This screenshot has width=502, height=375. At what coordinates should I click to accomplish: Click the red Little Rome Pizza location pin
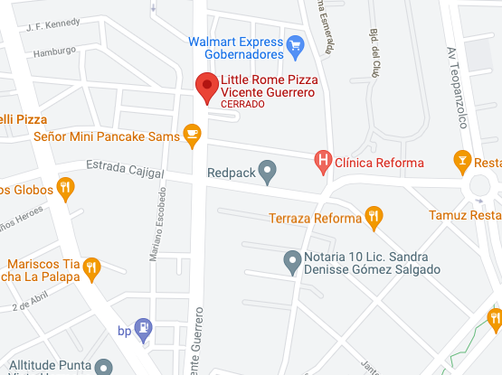coord(207,89)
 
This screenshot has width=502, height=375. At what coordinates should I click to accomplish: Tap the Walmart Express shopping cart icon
coord(294,43)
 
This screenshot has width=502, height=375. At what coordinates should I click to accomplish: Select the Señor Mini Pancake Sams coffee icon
coord(191,136)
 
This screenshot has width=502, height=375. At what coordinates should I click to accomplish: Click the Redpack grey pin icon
coord(267,170)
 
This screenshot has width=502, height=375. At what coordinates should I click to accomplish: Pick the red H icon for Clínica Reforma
coord(323,163)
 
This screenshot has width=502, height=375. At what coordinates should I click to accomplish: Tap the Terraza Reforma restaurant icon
coord(373,217)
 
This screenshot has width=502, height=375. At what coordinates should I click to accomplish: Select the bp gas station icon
coord(143,330)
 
